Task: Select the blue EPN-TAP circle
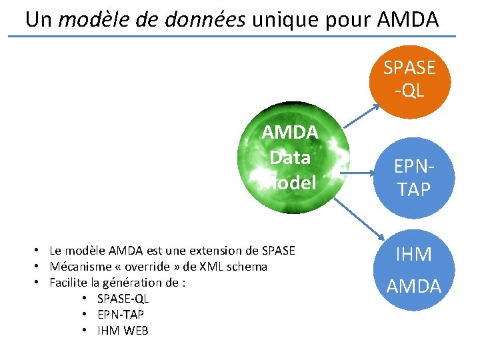[415, 178]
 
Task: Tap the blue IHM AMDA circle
[414, 270]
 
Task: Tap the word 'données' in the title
[209, 20]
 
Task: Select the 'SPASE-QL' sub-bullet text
[123, 299]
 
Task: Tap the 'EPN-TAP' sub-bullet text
[120, 315]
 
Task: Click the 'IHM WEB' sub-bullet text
[123, 331]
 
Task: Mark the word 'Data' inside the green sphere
[290, 158]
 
